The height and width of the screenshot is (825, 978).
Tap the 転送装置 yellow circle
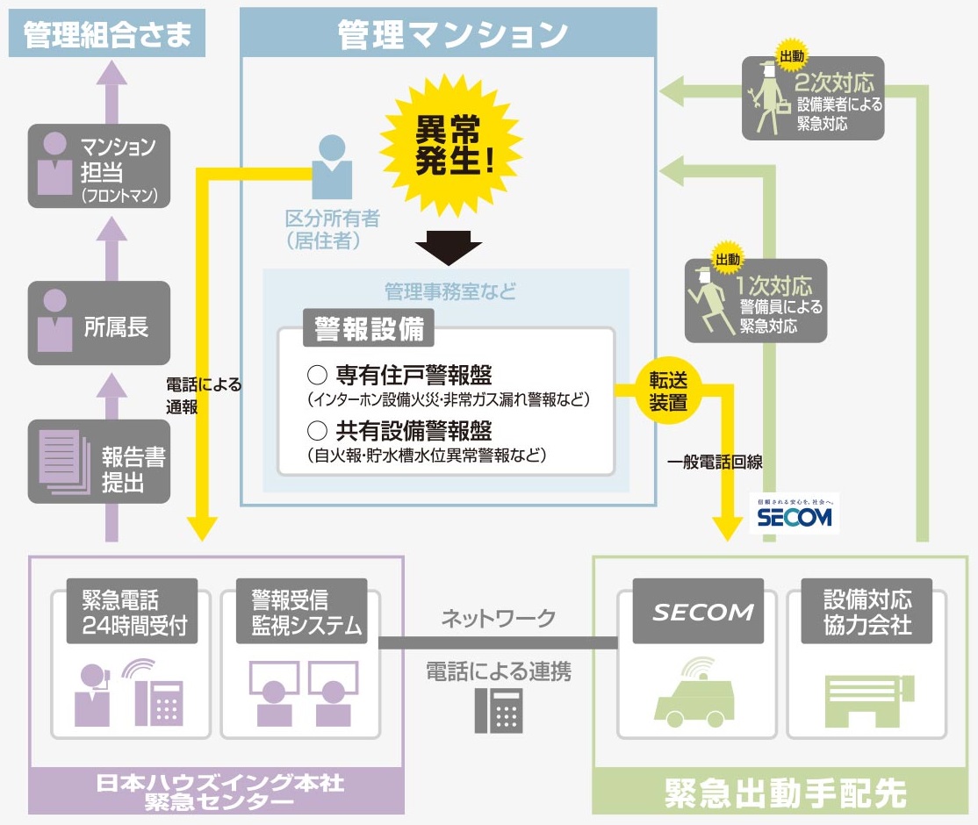point(668,391)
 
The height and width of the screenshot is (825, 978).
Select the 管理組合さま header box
point(107,35)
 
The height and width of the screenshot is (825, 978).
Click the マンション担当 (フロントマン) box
point(98,166)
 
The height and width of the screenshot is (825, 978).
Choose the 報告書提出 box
point(98,462)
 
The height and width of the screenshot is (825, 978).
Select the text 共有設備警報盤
point(413,430)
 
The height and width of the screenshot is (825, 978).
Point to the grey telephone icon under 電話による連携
point(498,709)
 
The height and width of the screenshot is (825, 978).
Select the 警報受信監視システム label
point(301,613)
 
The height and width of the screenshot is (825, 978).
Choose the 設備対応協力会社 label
point(867,613)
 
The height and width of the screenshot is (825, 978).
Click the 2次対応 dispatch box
point(813,98)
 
